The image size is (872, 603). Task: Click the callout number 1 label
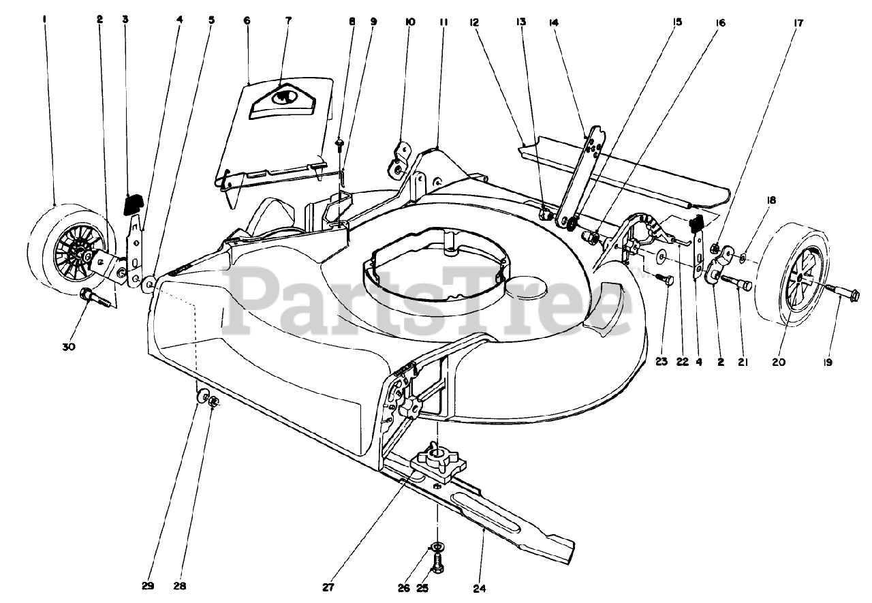click(44, 20)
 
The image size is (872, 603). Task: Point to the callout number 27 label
click(328, 587)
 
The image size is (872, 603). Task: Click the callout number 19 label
click(827, 362)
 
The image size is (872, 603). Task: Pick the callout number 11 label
click(443, 22)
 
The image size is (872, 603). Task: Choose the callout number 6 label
click(247, 20)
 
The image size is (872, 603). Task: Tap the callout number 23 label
click(661, 362)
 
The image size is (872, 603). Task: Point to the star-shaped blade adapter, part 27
click(437, 460)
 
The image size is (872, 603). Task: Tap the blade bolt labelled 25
click(437, 563)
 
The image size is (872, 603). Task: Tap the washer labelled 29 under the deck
click(203, 397)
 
